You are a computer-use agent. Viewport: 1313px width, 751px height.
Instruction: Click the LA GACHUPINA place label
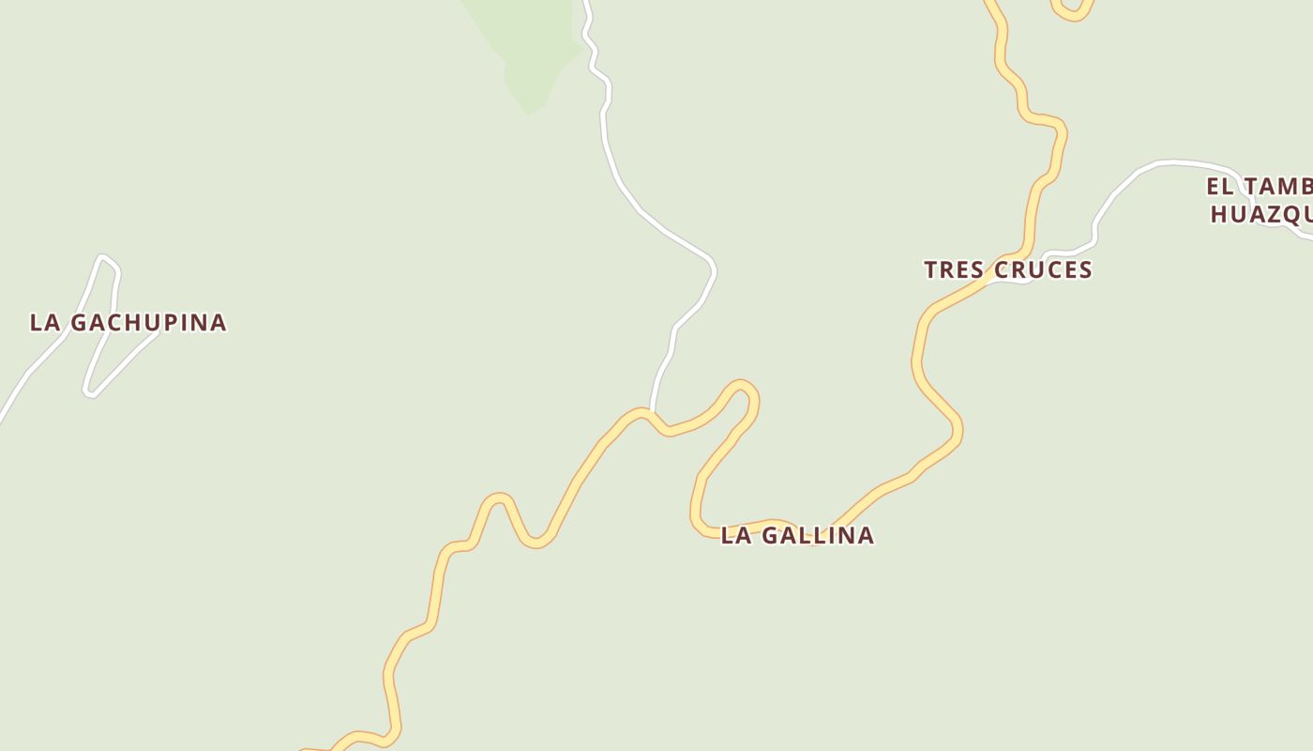(x=128, y=322)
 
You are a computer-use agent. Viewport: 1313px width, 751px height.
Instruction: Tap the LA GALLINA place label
(x=797, y=535)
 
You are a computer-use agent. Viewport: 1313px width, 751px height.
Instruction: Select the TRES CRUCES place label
(x=1008, y=269)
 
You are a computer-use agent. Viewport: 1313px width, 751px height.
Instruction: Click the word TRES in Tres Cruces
(x=954, y=269)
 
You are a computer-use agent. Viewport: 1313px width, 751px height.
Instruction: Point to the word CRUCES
(x=1042, y=269)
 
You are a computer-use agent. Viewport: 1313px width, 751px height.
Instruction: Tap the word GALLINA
(x=817, y=535)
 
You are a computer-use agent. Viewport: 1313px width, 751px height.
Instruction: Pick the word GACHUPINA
(x=149, y=322)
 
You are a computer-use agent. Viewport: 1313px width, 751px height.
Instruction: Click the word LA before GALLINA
(x=736, y=535)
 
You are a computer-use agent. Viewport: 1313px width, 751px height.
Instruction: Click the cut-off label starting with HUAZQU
(x=1261, y=215)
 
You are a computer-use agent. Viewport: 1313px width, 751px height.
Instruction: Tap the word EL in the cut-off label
(x=1220, y=186)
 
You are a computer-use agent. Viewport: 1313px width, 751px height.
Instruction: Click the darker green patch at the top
(x=530, y=47)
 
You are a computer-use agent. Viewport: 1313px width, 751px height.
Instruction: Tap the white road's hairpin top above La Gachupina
(x=103, y=257)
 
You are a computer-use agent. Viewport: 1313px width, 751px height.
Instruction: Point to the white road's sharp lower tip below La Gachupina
(x=88, y=393)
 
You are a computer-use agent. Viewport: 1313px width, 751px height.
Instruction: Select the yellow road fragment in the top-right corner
(x=1074, y=11)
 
